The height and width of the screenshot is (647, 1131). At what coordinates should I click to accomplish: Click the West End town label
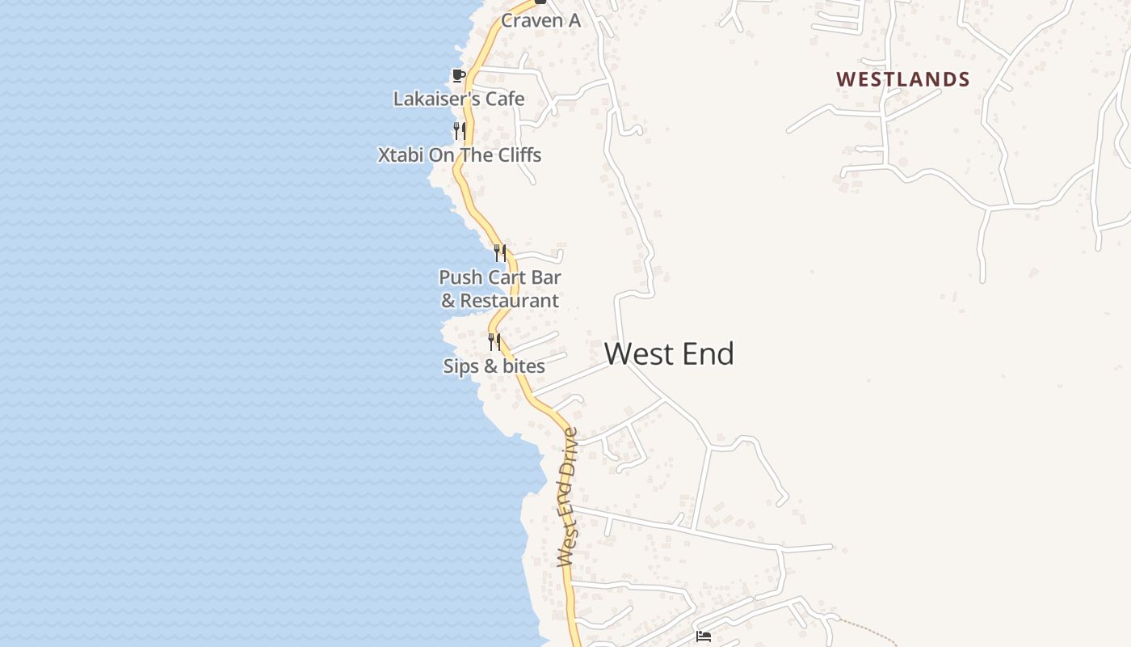coord(669,354)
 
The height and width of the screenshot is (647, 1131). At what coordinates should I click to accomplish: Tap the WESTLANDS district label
coord(902,79)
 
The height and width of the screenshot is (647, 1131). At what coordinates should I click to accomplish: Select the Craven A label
coord(540,20)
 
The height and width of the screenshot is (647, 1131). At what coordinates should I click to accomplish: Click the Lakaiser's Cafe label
coord(459,99)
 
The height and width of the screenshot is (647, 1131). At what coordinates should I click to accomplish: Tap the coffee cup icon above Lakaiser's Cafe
coord(459,76)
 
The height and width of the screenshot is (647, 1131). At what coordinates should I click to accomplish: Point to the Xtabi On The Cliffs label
coord(460,154)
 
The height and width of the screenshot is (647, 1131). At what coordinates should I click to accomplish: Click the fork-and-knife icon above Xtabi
coord(459,130)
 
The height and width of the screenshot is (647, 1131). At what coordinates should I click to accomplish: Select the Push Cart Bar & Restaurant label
coord(500,289)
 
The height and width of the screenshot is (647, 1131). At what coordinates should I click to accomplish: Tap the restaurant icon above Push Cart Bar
coord(500,252)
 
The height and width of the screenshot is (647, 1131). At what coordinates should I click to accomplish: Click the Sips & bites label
coord(494,366)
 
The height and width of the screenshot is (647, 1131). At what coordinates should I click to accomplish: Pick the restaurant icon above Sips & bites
coord(494,342)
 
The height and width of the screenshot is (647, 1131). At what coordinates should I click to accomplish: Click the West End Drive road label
coord(569,497)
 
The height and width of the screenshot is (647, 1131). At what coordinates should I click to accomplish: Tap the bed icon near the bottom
coord(704,636)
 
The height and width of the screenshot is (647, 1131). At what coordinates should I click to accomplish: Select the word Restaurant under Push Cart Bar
coord(509,301)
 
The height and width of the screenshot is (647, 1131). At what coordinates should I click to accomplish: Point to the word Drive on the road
coord(570,452)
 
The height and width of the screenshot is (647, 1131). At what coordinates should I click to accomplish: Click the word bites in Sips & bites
coord(525,366)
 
